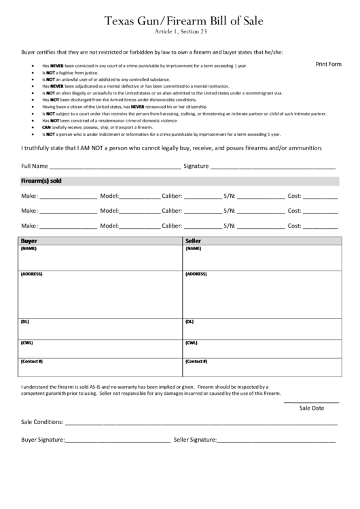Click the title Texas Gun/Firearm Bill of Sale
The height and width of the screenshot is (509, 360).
pyautogui.click(x=180, y=22)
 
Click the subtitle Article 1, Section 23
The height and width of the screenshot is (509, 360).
pyautogui.click(x=180, y=33)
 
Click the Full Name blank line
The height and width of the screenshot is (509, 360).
pyautogui.click(x=115, y=166)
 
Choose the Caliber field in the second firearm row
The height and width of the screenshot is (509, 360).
pyautogui.click(x=202, y=211)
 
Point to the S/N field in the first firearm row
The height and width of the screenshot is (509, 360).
pyautogui.click(x=261, y=196)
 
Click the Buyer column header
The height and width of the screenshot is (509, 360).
pyautogui.click(x=30, y=241)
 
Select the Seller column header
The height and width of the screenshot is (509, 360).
pyautogui.click(x=194, y=241)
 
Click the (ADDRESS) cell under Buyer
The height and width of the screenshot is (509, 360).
pyautogui.click(x=101, y=294)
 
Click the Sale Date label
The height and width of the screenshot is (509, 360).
pyautogui.click(x=312, y=408)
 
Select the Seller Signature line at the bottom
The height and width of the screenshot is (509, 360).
pyautogui.click(x=276, y=440)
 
